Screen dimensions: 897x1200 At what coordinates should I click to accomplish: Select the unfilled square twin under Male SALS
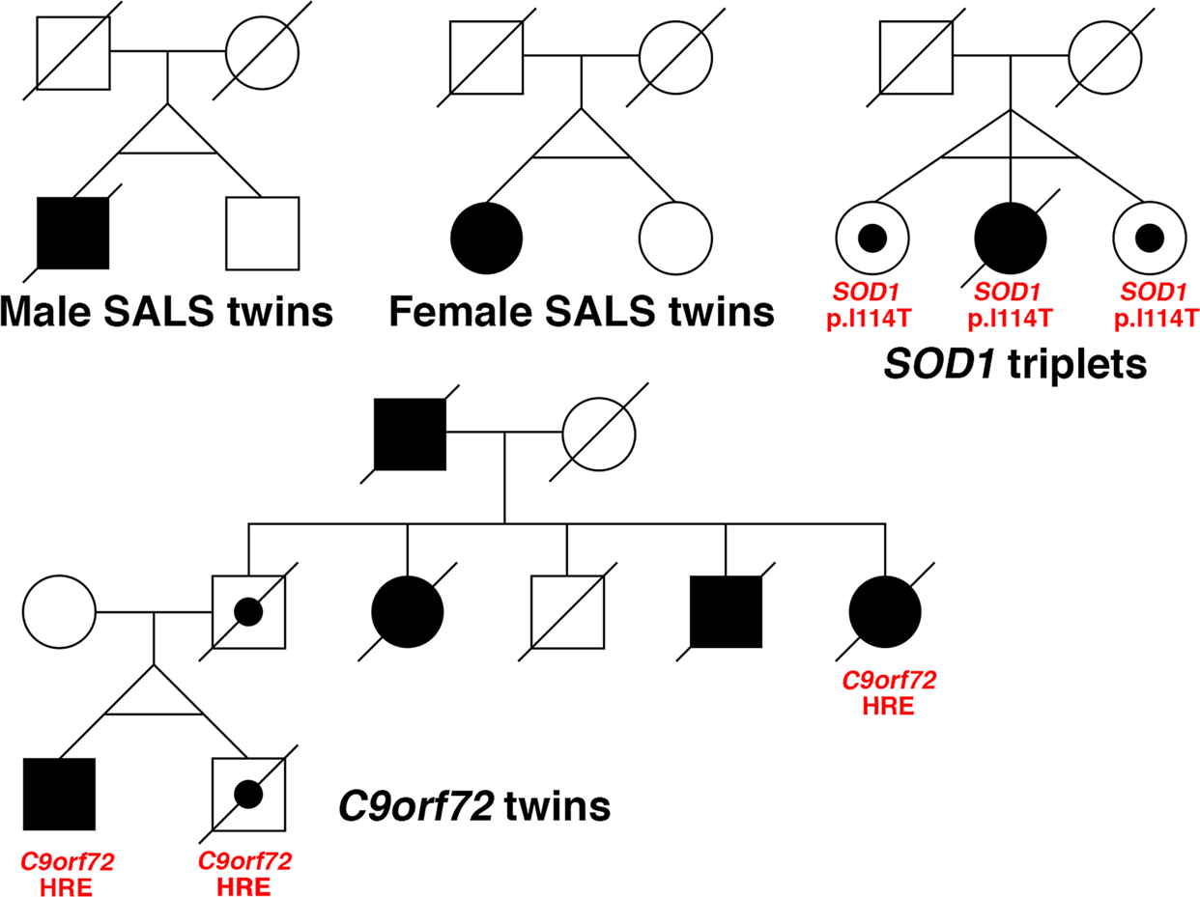(262, 233)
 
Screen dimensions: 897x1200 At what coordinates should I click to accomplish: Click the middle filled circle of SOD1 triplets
(1010, 238)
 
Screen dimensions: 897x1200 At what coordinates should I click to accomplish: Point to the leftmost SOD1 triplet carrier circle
(872, 238)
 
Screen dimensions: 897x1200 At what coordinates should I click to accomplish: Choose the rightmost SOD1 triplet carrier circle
(1149, 238)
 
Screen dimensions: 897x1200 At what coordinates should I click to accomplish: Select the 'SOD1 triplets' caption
(1011, 366)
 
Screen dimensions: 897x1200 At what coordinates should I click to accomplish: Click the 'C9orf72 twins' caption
(473, 804)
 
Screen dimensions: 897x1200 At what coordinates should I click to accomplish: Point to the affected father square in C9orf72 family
(411, 432)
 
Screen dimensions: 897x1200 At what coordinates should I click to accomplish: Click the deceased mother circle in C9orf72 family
(599, 432)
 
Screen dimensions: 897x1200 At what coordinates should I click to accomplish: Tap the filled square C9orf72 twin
(59, 794)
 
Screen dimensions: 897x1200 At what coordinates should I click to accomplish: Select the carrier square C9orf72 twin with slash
(248, 794)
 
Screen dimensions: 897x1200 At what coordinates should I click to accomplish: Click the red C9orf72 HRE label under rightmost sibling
(889, 692)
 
